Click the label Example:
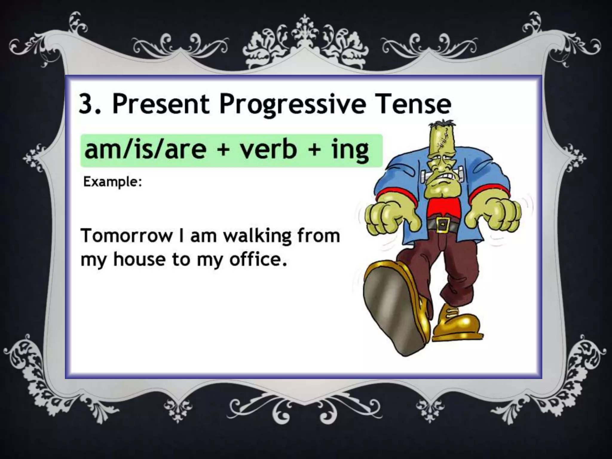pyautogui.click(x=112, y=182)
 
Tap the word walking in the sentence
pyautogui.click(x=257, y=236)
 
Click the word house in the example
pyautogui.click(x=139, y=259)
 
